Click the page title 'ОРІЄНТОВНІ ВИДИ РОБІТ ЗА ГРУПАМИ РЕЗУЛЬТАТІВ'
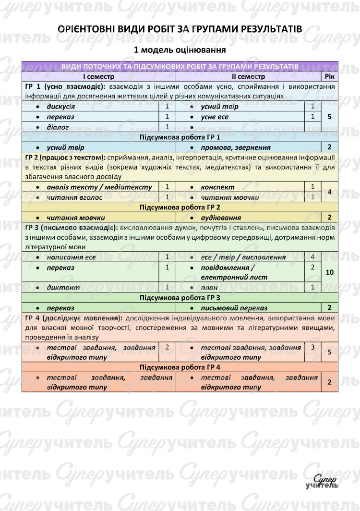180,29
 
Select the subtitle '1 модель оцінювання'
180,50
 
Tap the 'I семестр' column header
98,76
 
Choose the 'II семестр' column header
248,76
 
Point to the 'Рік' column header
329,76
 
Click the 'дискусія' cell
60,107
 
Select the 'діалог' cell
58,127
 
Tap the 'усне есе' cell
215,117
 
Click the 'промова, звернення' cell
235,147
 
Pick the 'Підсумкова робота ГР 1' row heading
180,137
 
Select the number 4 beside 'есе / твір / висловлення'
312,257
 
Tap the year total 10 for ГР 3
329,272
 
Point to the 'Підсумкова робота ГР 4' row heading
180,367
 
